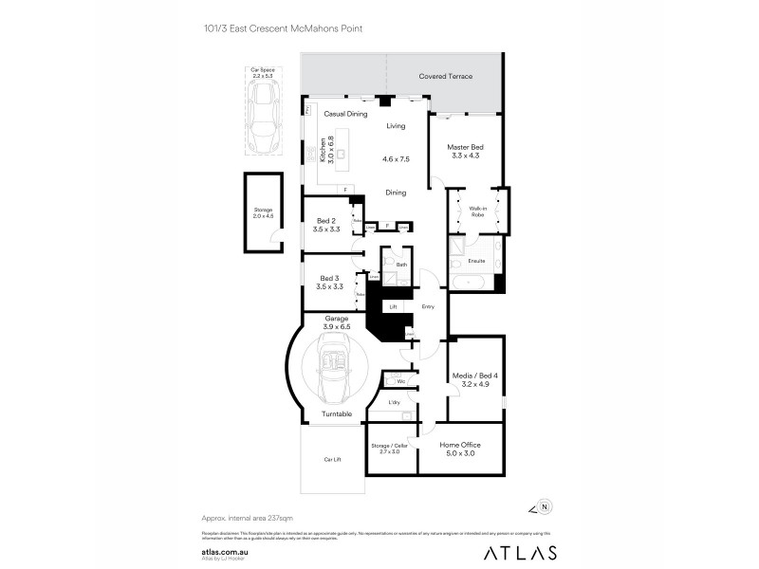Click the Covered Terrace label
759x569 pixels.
pyautogui.click(x=445, y=77)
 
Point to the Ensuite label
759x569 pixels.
pyautogui.click(x=476, y=260)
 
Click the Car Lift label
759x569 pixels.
pyautogui.click(x=331, y=459)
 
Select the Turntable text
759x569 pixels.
pyautogui.click(x=336, y=414)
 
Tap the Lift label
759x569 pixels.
pyautogui.click(x=392, y=306)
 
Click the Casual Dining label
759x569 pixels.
pyautogui.click(x=345, y=114)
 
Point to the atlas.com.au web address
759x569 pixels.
pyautogui.click(x=225, y=548)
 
